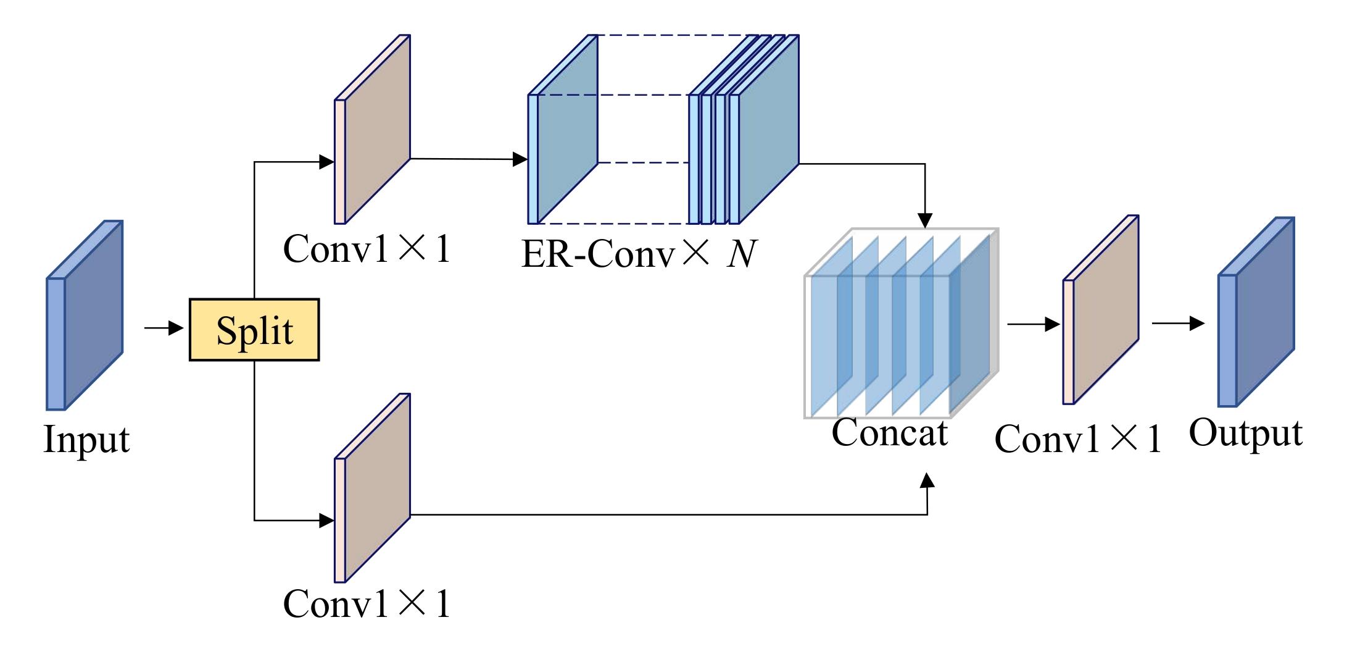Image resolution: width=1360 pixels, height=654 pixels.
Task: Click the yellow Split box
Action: point(254,330)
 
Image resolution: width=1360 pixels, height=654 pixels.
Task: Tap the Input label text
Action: point(87,440)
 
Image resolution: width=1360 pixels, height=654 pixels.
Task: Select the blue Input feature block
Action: point(85,315)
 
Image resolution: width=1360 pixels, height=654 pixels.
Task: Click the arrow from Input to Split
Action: point(164,328)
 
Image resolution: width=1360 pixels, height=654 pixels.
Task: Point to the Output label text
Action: point(1245,434)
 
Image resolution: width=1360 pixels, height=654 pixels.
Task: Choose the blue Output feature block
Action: point(1256,312)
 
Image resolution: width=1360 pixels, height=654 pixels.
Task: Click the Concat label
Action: point(889,432)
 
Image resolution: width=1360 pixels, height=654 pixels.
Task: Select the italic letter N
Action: point(740,254)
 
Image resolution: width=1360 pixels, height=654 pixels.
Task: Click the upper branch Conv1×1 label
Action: point(367,249)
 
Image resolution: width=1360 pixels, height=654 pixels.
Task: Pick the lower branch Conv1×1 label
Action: point(367,603)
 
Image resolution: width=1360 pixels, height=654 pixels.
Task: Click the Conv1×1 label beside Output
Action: point(1078,440)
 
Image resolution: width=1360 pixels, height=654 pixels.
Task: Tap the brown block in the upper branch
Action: point(373,130)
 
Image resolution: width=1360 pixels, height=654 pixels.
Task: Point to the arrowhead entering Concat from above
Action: point(924,220)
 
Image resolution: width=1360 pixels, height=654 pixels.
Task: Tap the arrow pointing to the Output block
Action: point(1179,323)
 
